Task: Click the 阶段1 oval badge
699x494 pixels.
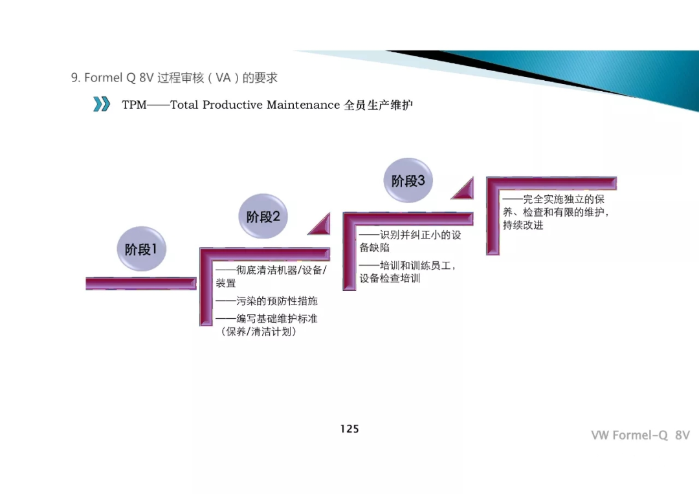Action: point(141,249)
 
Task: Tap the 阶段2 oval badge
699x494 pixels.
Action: point(263,217)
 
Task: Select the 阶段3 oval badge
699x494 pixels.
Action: point(408,181)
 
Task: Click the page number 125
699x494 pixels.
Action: point(349,429)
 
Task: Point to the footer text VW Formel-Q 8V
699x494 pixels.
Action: point(639,435)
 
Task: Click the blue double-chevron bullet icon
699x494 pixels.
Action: point(102,104)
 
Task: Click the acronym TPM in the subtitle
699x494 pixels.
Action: point(134,105)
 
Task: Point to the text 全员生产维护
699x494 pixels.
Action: point(379,105)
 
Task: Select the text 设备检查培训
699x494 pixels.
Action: point(390,279)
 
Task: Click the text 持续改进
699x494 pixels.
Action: point(523,225)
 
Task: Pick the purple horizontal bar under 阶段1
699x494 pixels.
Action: point(140,283)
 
